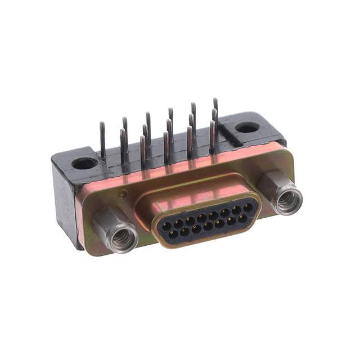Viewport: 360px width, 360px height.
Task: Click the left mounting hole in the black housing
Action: (84, 164)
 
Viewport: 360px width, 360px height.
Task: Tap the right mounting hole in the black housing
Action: (246, 127)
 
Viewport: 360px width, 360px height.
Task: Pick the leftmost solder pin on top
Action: (103, 141)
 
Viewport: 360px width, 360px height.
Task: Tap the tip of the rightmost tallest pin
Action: (215, 101)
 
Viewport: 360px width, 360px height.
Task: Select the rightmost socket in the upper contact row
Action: (247, 208)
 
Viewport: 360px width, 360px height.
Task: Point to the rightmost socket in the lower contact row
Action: (242, 218)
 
